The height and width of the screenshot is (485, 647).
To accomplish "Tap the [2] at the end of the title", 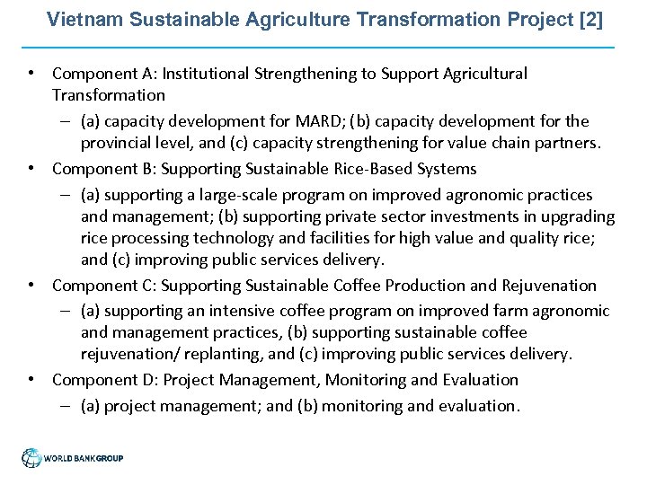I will pyautogui.click(x=592, y=19).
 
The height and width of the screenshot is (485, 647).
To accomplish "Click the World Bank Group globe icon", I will pyautogui.click(x=32, y=458).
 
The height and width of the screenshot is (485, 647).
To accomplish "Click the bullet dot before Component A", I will pyautogui.click(x=31, y=74).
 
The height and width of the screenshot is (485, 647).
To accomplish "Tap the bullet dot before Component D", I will pyautogui.click(x=31, y=380).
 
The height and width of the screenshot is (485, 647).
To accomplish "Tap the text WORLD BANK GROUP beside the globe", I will pyautogui.click(x=84, y=459).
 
